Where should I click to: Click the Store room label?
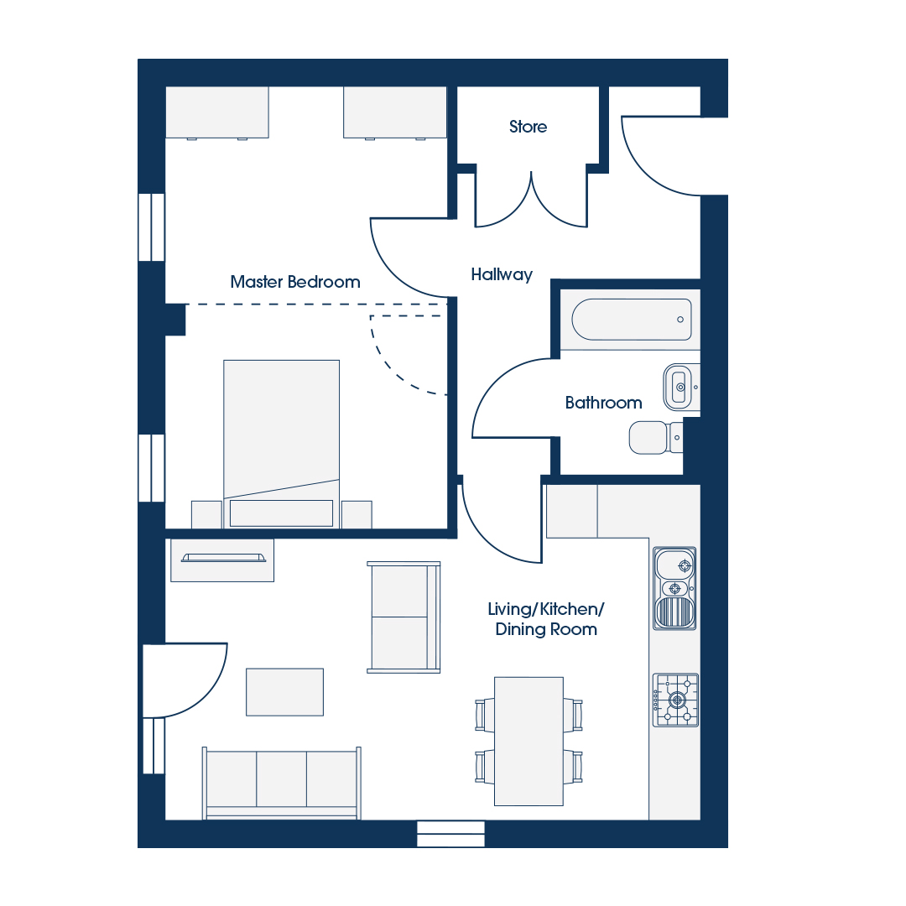[x=528, y=127]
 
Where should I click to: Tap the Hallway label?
[x=502, y=274]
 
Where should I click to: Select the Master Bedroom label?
[x=294, y=281]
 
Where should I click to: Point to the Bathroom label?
[x=603, y=402]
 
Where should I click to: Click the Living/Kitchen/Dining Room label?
[x=546, y=619]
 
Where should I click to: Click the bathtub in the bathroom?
[x=632, y=319]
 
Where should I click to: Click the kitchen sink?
[x=674, y=588]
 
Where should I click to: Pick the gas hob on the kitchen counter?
[x=675, y=700]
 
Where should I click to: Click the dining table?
[x=528, y=742]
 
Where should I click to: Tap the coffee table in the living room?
[x=285, y=692]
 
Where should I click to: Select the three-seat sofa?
[x=281, y=783]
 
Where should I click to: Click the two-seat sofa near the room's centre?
[x=404, y=617]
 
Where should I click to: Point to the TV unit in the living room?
[x=222, y=560]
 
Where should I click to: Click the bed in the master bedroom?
[x=281, y=443]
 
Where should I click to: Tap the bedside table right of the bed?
[x=357, y=514]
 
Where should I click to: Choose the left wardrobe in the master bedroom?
[x=217, y=112]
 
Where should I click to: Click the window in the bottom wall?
[x=450, y=835]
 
